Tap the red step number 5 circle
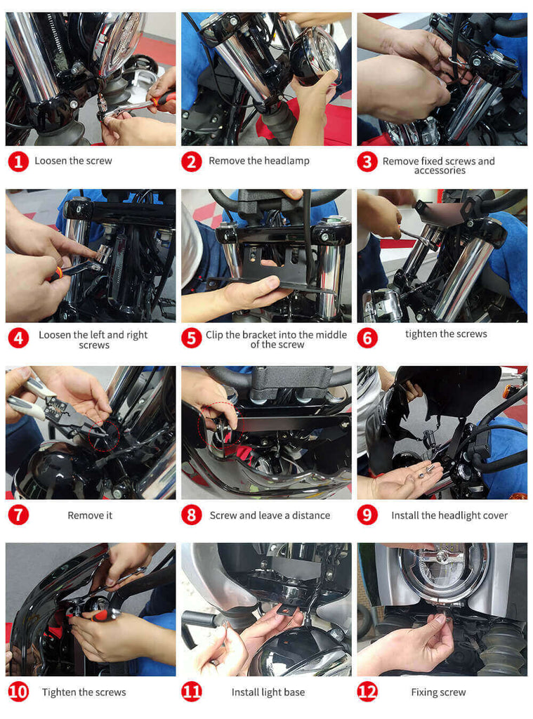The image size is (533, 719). [191, 338]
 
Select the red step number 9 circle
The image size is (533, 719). [367, 515]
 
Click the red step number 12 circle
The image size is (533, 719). [367, 692]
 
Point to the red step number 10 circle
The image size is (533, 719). [18, 692]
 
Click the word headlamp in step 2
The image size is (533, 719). [287, 161]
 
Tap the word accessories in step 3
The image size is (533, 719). [440, 171]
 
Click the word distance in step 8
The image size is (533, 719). [311, 515]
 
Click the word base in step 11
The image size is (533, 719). [294, 692]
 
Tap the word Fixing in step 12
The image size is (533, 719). [424, 692]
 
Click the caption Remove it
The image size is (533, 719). [90, 515]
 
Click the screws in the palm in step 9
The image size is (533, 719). [426, 472]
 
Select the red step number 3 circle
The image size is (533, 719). [367, 162]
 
